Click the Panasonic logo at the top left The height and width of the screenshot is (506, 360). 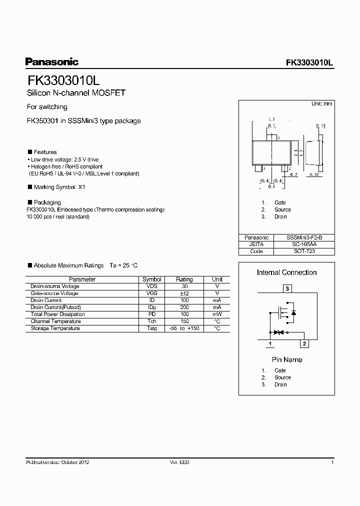[x=52, y=62]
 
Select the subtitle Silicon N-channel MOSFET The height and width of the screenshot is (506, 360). [x=75, y=93]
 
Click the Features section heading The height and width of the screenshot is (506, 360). [x=45, y=152]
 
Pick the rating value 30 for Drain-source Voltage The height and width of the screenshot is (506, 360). [x=184, y=286]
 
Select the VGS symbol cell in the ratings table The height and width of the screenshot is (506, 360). [x=152, y=293]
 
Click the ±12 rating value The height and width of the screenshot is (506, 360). [x=184, y=293]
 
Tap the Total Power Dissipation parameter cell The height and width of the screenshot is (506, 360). [x=57, y=314]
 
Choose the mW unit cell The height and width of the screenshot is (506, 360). [x=217, y=314]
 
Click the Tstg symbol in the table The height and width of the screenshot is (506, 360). [x=152, y=328]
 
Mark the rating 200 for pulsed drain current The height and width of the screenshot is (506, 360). [x=184, y=307]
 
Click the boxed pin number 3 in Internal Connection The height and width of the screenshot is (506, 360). [x=287, y=288]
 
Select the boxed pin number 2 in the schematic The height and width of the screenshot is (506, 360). [x=304, y=343]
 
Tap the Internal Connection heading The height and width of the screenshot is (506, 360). [x=286, y=272]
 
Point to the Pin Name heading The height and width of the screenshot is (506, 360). [x=287, y=359]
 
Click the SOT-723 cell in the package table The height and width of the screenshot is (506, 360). [x=303, y=251]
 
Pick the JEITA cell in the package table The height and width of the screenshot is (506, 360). [x=256, y=244]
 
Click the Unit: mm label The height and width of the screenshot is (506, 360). [x=321, y=103]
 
